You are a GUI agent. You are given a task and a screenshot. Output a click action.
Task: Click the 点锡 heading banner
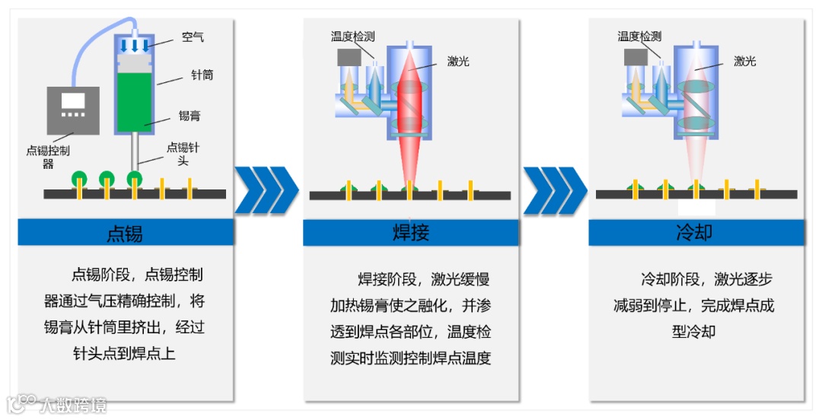pos(124,232)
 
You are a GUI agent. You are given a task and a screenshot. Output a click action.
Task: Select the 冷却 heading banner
pos(695,232)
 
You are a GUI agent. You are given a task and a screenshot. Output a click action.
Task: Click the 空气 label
pos(193,37)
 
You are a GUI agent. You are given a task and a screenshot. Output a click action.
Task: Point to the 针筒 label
pos(202,75)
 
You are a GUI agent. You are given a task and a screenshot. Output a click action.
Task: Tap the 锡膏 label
pos(190,116)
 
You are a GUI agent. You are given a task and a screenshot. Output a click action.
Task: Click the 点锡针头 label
pos(183,154)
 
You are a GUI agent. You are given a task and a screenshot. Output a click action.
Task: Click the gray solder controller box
pos(73,111)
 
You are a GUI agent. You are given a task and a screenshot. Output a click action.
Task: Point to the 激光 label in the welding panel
pos(458,62)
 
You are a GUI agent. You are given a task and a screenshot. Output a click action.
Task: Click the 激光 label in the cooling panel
pos(744,62)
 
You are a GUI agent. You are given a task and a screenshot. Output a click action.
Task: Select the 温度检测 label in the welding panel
pos(352,37)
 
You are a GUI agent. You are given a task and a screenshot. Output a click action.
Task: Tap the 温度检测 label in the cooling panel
pos(639,37)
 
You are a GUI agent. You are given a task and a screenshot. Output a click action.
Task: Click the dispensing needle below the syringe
pos(135,153)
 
